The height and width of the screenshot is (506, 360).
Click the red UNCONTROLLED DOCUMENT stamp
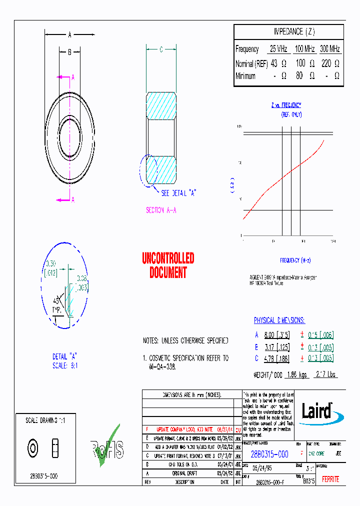click(168, 265)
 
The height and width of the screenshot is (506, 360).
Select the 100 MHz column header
click(304, 49)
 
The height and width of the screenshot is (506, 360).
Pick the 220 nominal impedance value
click(325, 63)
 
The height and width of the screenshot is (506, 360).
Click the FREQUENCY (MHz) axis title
click(295, 260)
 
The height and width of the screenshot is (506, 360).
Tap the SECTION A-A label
click(161, 210)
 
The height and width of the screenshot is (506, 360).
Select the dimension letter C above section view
click(161, 49)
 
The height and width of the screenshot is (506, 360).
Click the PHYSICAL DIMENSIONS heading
click(279, 320)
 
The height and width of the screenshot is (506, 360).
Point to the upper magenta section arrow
click(63, 77)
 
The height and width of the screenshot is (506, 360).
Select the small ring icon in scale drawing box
click(33, 448)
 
